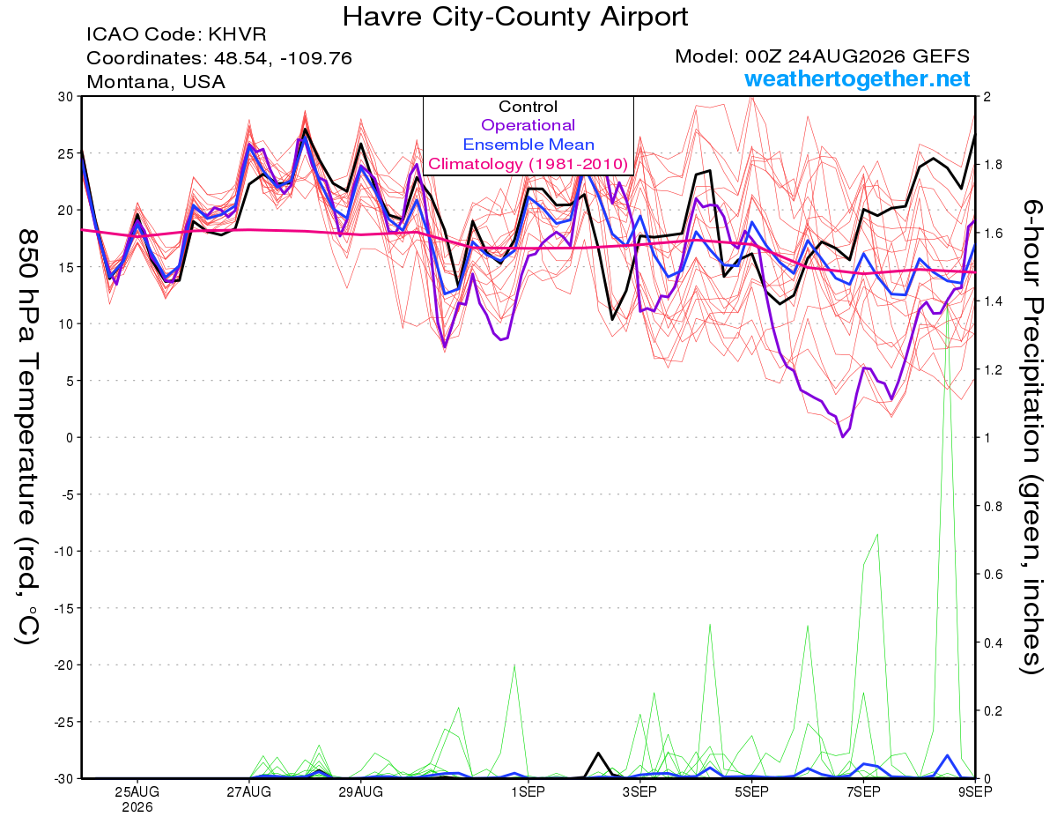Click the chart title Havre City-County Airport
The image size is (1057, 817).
coord(515,17)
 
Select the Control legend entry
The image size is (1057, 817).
coord(528,107)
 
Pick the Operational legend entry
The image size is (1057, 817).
coord(528,125)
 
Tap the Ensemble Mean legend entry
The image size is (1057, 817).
coord(528,145)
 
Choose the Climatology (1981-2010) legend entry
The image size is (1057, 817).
coord(528,164)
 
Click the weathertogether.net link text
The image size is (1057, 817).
coord(857,78)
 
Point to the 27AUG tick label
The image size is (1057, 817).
coord(249,792)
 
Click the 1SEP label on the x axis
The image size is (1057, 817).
coord(528,792)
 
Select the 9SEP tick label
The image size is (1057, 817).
coord(975,792)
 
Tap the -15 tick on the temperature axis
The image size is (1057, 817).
coord(63,608)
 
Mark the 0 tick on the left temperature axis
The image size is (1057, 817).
coord(70,438)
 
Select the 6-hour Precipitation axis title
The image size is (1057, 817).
coord(1031,437)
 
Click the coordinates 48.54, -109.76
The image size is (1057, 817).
coord(283,58)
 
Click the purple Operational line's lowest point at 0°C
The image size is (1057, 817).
coord(843,437)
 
